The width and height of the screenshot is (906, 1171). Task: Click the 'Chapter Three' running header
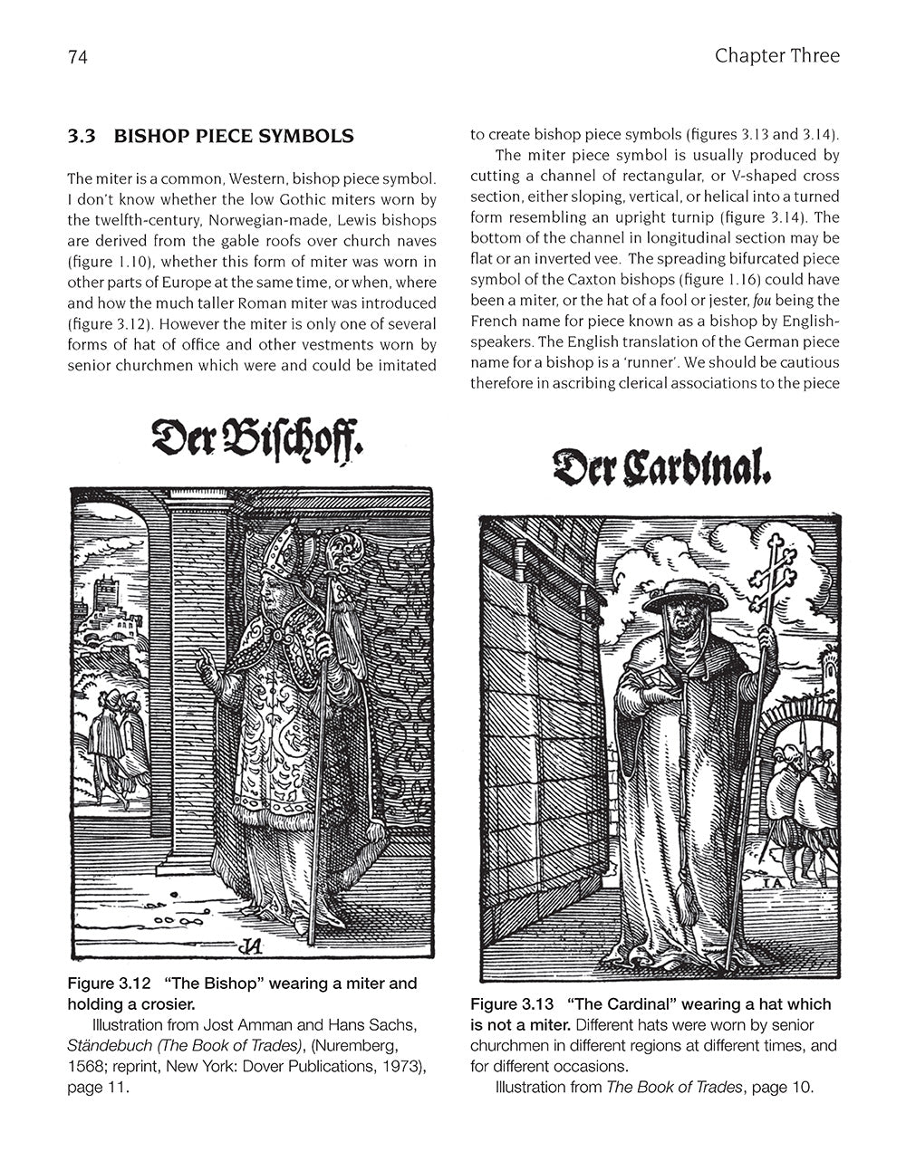(x=776, y=56)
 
